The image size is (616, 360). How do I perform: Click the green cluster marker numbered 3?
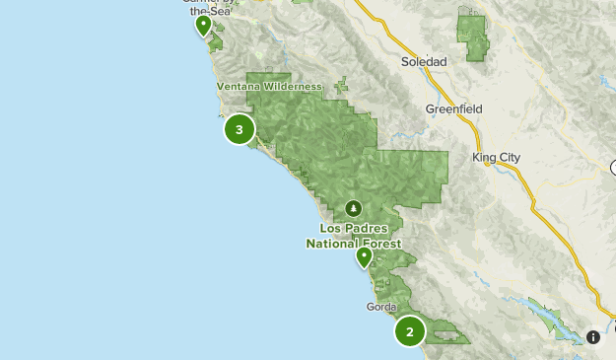tap(240, 129)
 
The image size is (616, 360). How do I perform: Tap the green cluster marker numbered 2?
tap(410, 331)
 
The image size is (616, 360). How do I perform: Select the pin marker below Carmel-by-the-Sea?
tap(203, 25)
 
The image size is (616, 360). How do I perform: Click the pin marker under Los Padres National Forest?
tap(364, 257)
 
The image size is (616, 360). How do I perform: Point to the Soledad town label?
tap(424, 61)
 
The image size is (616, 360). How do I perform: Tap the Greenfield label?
tap(451, 108)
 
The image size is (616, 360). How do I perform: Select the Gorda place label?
tap(381, 307)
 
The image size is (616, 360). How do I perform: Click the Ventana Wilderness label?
tap(270, 87)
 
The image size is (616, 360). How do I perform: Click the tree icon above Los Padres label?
tap(353, 209)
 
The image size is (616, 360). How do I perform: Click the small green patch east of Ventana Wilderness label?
tap(341, 86)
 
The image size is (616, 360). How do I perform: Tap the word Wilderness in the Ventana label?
tap(292, 87)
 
